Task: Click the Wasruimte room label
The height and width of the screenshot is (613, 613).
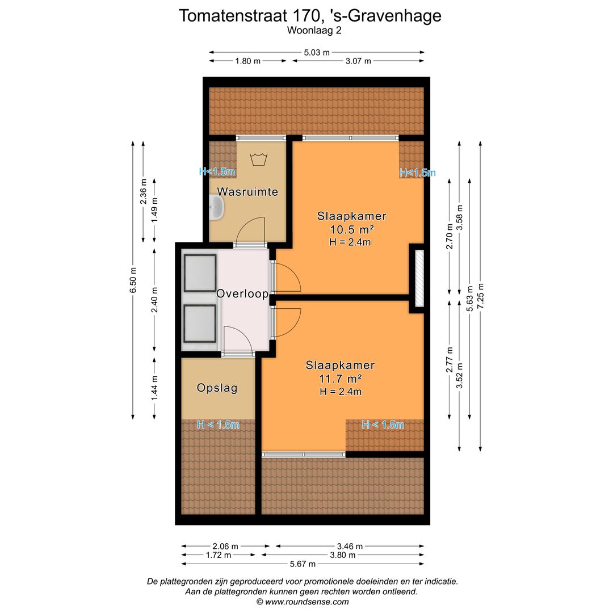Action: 247,192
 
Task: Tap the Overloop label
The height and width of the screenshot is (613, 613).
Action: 242,294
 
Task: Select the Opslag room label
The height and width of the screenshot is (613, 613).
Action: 217,388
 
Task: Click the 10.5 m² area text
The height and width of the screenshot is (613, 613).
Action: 351,229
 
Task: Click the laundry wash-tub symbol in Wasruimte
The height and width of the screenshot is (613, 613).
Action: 259,157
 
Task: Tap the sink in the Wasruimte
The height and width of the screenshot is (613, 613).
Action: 216,208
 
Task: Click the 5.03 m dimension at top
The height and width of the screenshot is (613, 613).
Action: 317,52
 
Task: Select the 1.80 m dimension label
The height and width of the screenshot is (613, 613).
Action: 247,61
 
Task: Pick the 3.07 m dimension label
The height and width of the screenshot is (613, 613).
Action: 358,61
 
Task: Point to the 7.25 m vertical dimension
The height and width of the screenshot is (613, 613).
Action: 481,295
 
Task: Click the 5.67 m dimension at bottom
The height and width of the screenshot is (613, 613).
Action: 303,564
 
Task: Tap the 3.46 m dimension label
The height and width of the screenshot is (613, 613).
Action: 350,547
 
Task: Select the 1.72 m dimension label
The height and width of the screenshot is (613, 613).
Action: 218,555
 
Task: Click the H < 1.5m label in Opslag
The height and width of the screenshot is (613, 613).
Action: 218,425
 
